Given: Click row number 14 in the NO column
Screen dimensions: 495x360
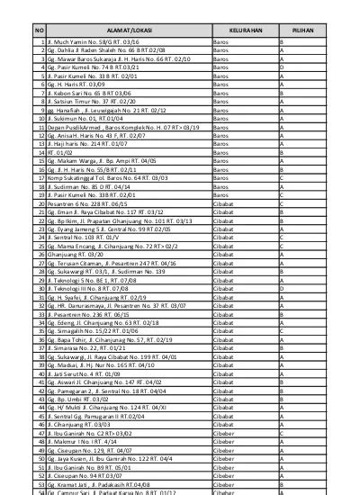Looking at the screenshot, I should [x=40, y=154].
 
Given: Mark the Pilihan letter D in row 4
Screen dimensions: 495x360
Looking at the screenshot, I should [x=282, y=67].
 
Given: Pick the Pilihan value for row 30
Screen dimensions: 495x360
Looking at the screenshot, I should [x=282, y=290].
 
